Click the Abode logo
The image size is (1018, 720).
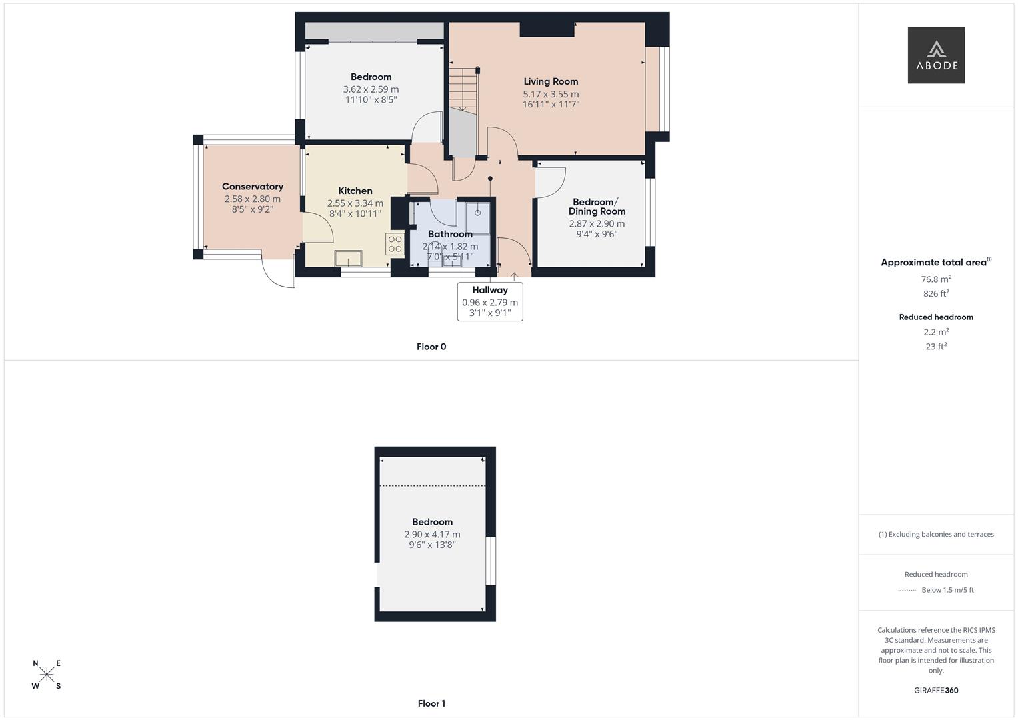(x=936, y=55)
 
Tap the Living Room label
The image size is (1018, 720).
(x=551, y=81)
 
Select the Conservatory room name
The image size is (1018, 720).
(x=253, y=187)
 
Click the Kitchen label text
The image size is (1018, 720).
(x=355, y=191)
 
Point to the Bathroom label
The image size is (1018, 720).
(x=450, y=234)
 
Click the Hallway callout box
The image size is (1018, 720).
(x=490, y=301)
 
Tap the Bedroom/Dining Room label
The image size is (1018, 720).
(x=597, y=207)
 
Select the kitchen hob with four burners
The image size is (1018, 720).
(x=395, y=244)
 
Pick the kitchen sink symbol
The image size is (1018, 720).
(x=349, y=258)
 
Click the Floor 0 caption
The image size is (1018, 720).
(x=431, y=347)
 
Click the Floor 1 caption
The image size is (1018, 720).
(x=431, y=703)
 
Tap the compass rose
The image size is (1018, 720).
(x=47, y=675)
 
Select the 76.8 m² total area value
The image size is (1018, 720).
(x=936, y=279)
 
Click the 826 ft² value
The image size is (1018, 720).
(x=936, y=294)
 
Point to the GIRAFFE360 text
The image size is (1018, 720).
(x=936, y=690)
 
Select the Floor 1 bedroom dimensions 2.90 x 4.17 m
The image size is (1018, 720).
(x=432, y=534)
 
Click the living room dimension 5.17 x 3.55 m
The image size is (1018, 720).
(x=551, y=94)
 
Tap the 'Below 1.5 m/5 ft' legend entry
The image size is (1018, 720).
(x=947, y=590)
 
